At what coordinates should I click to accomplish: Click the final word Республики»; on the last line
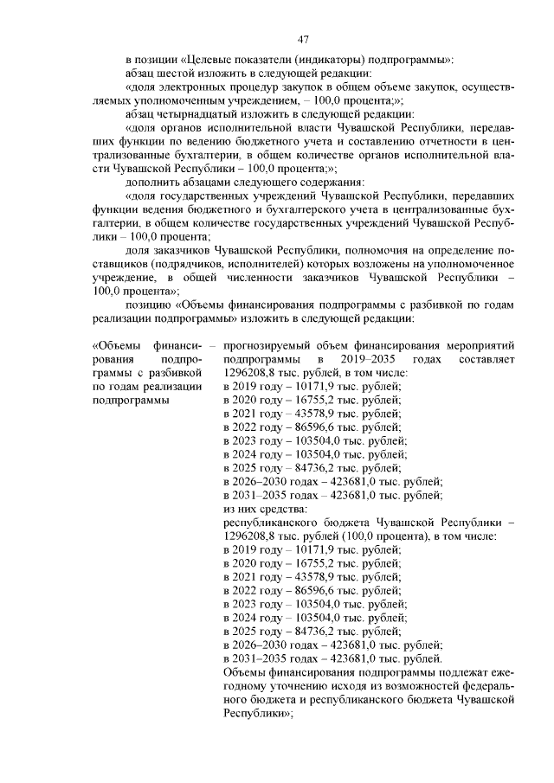(257, 714)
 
